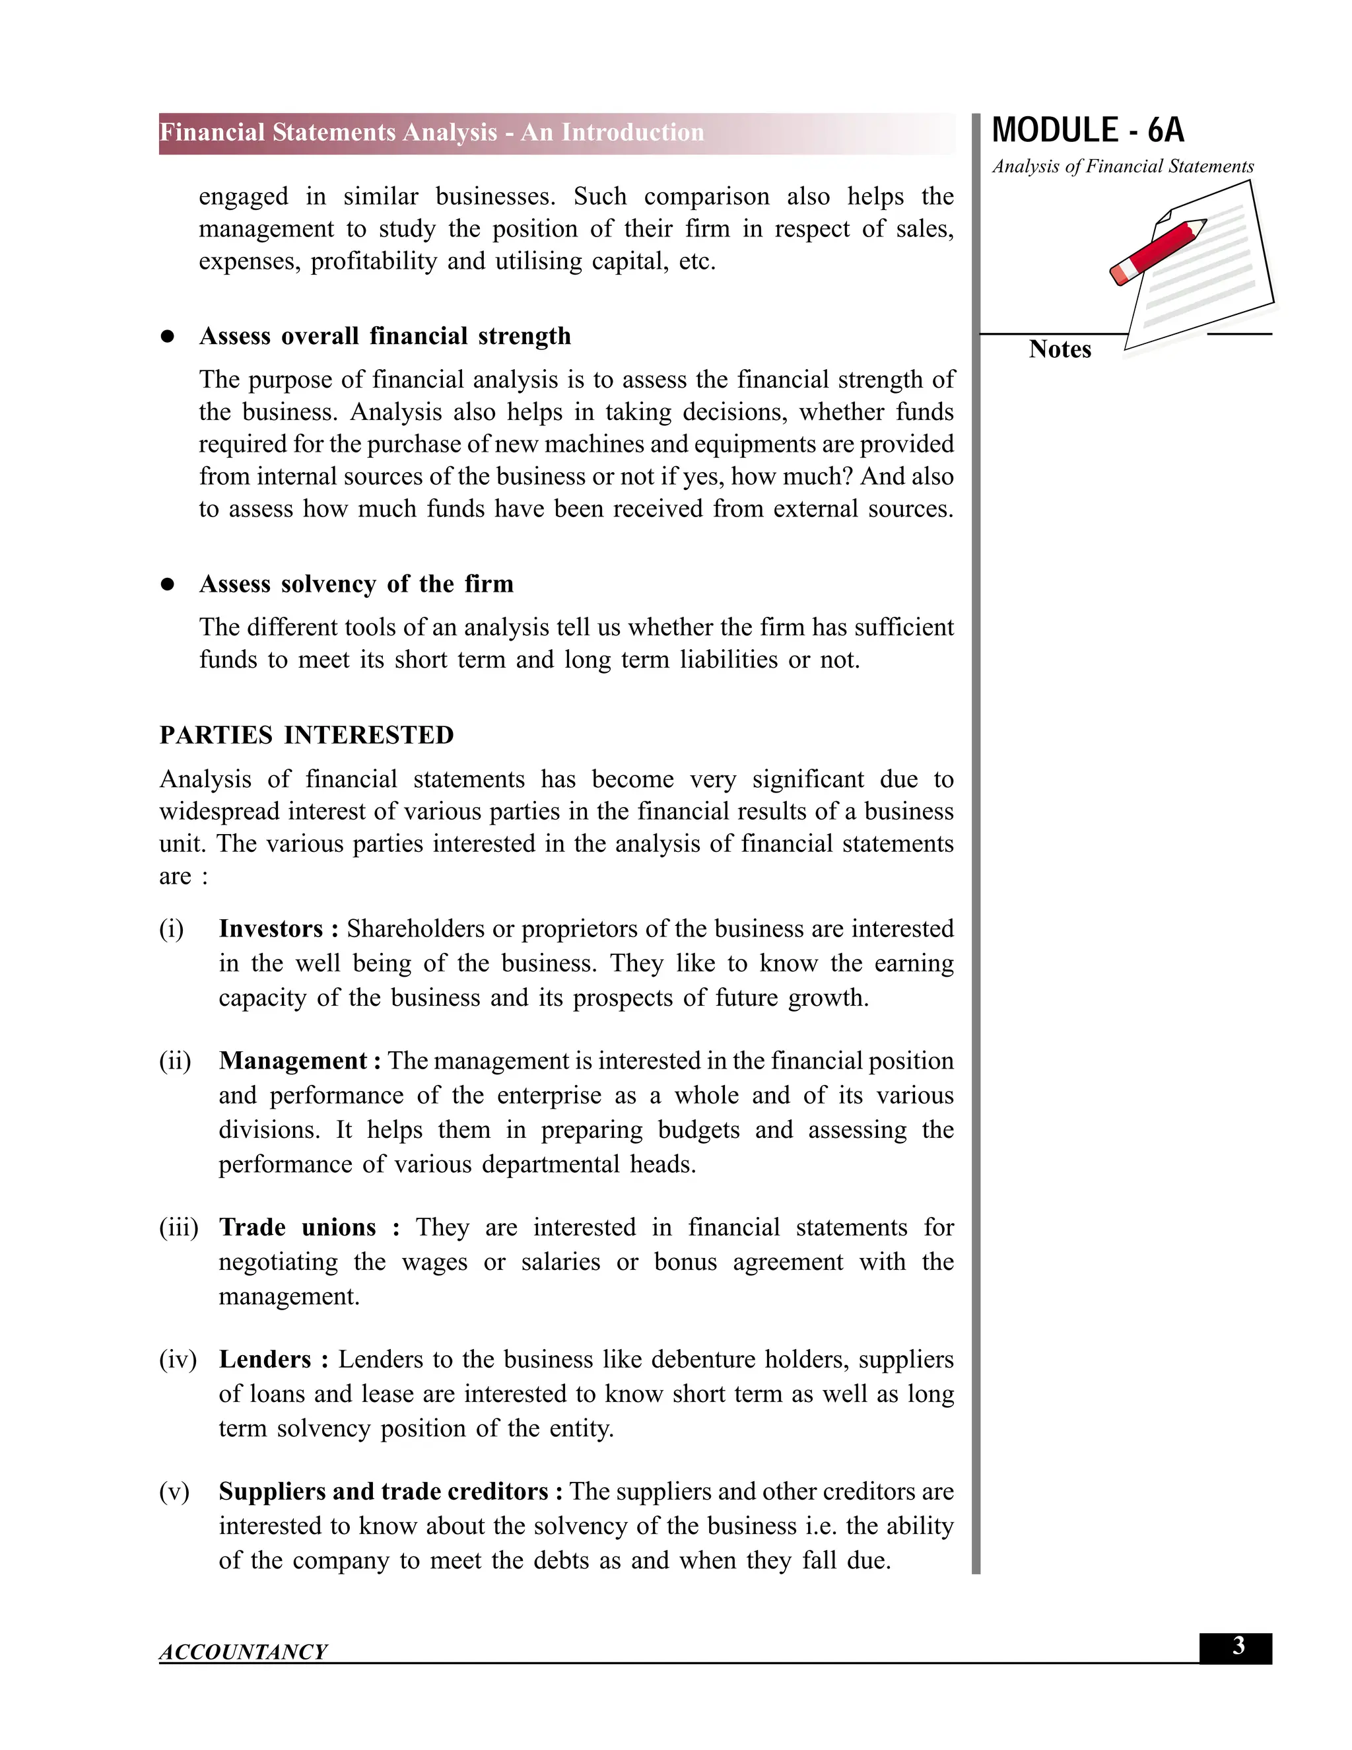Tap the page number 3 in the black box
(x=1238, y=1646)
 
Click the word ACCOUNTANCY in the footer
(x=244, y=1652)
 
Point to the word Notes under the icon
(x=1060, y=350)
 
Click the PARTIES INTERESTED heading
(x=307, y=736)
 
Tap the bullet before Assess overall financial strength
(x=168, y=337)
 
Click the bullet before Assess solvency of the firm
(x=168, y=585)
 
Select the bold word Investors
(x=271, y=928)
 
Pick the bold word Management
(x=293, y=1061)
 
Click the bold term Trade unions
(x=297, y=1228)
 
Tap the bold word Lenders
(x=265, y=1360)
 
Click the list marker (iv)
(x=178, y=1360)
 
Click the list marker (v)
(x=174, y=1492)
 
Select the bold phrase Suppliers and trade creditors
(x=384, y=1492)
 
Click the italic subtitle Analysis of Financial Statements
(x=1123, y=166)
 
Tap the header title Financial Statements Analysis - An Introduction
(x=432, y=133)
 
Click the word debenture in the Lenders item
(x=704, y=1360)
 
